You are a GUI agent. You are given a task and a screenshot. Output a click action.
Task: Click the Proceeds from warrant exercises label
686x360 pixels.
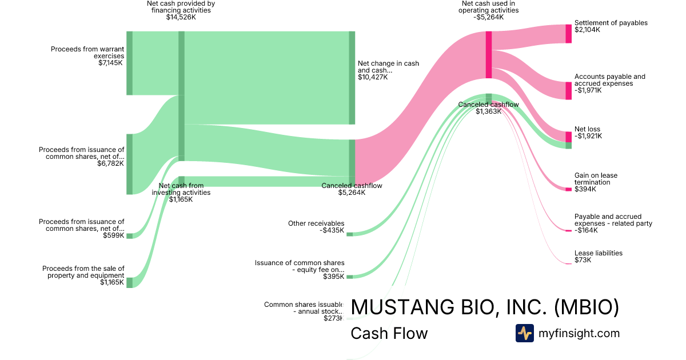pos(87,53)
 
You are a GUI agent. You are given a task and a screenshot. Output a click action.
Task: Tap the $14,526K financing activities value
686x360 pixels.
pos(181,17)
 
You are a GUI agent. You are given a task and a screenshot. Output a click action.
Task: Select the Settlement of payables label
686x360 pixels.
pos(611,23)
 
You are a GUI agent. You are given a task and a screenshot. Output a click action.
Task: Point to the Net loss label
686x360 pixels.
pos(587,129)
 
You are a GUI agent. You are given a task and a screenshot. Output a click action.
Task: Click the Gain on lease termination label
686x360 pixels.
pos(596,179)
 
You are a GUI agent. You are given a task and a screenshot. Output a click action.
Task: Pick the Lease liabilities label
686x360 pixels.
pos(599,253)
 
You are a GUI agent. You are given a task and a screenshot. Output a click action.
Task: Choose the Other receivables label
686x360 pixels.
pos(316,223)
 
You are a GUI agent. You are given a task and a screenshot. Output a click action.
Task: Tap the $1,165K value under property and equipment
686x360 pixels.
pos(112,282)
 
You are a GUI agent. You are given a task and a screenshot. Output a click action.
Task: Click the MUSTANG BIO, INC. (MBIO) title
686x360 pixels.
pos(485,307)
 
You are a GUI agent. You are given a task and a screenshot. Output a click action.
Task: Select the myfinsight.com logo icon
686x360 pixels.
pos(524,333)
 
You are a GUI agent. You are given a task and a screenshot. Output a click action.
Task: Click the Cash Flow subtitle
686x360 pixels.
pos(389,333)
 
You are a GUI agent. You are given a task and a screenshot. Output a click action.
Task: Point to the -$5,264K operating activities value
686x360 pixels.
pos(489,17)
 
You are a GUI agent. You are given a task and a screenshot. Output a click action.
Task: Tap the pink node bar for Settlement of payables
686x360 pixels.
pos(568,34)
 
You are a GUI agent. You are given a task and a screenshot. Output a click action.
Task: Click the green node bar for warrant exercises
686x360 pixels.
pos(129,63)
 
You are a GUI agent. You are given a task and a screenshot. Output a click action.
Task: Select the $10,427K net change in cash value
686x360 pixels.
pos(373,77)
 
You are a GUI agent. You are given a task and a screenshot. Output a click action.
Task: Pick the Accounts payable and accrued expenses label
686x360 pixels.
pos(609,80)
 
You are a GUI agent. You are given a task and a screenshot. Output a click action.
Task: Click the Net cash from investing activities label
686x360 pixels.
pos(181,189)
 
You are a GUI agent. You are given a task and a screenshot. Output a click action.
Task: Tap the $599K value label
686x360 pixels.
pos(113,235)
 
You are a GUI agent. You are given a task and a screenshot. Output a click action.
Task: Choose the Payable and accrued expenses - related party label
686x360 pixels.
pos(613,220)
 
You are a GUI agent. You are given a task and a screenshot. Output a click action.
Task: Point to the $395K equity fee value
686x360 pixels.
pos(333,277)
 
